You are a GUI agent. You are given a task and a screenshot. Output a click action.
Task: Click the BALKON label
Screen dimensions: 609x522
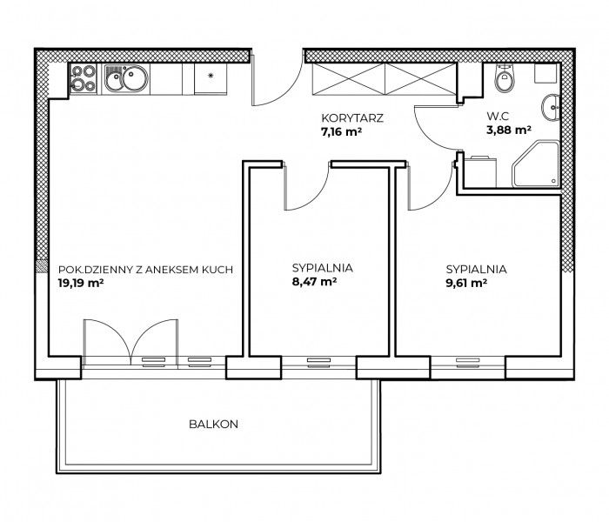213,425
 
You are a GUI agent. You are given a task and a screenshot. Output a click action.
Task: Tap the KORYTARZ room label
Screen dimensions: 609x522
352,118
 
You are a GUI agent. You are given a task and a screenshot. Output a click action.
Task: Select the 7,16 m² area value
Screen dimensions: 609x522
341,132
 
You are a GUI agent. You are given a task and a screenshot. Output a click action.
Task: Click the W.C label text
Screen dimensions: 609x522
498,116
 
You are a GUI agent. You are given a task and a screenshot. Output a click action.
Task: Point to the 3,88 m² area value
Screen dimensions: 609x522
509,130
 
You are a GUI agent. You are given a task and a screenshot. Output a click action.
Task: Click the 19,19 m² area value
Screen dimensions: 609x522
81,283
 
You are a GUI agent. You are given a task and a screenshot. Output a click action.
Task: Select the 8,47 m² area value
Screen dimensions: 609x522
314,281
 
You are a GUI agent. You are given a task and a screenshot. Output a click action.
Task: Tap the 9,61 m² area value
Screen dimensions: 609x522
466,283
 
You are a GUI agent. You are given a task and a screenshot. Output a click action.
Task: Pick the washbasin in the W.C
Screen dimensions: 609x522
551,107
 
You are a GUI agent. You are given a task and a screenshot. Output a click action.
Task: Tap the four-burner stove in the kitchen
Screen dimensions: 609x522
84,79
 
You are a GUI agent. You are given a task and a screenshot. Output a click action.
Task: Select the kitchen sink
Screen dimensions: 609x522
126,78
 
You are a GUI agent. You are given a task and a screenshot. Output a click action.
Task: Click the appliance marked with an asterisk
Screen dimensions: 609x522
211,78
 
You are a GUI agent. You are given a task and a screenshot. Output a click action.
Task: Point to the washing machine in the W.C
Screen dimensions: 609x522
480,171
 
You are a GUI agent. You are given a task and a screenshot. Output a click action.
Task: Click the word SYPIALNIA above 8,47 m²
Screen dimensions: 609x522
323,268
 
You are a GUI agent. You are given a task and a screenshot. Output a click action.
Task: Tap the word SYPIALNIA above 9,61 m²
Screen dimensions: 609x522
476,269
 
